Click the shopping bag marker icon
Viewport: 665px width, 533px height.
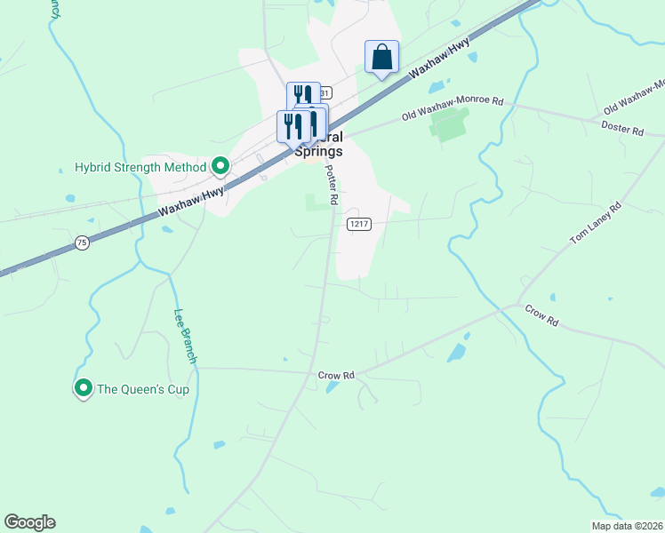[x=381, y=58]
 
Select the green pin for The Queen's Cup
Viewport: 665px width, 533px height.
[x=84, y=388]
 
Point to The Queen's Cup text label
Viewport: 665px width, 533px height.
[x=142, y=389]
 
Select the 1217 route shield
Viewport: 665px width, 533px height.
[x=358, y=224]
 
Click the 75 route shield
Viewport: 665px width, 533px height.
[x=82, y=242]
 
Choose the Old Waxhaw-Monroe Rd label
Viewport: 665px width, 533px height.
[x=452, y=108]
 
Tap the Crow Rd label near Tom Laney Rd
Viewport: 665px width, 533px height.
[x=541, y=314]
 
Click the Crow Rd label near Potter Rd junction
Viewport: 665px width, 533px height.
[x=336, y=376]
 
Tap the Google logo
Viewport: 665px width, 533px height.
[x=29, y=522]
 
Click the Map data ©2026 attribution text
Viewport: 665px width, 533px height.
[x=627, y=526]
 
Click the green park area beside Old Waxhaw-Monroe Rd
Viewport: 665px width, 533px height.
[x=449, y=125]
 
